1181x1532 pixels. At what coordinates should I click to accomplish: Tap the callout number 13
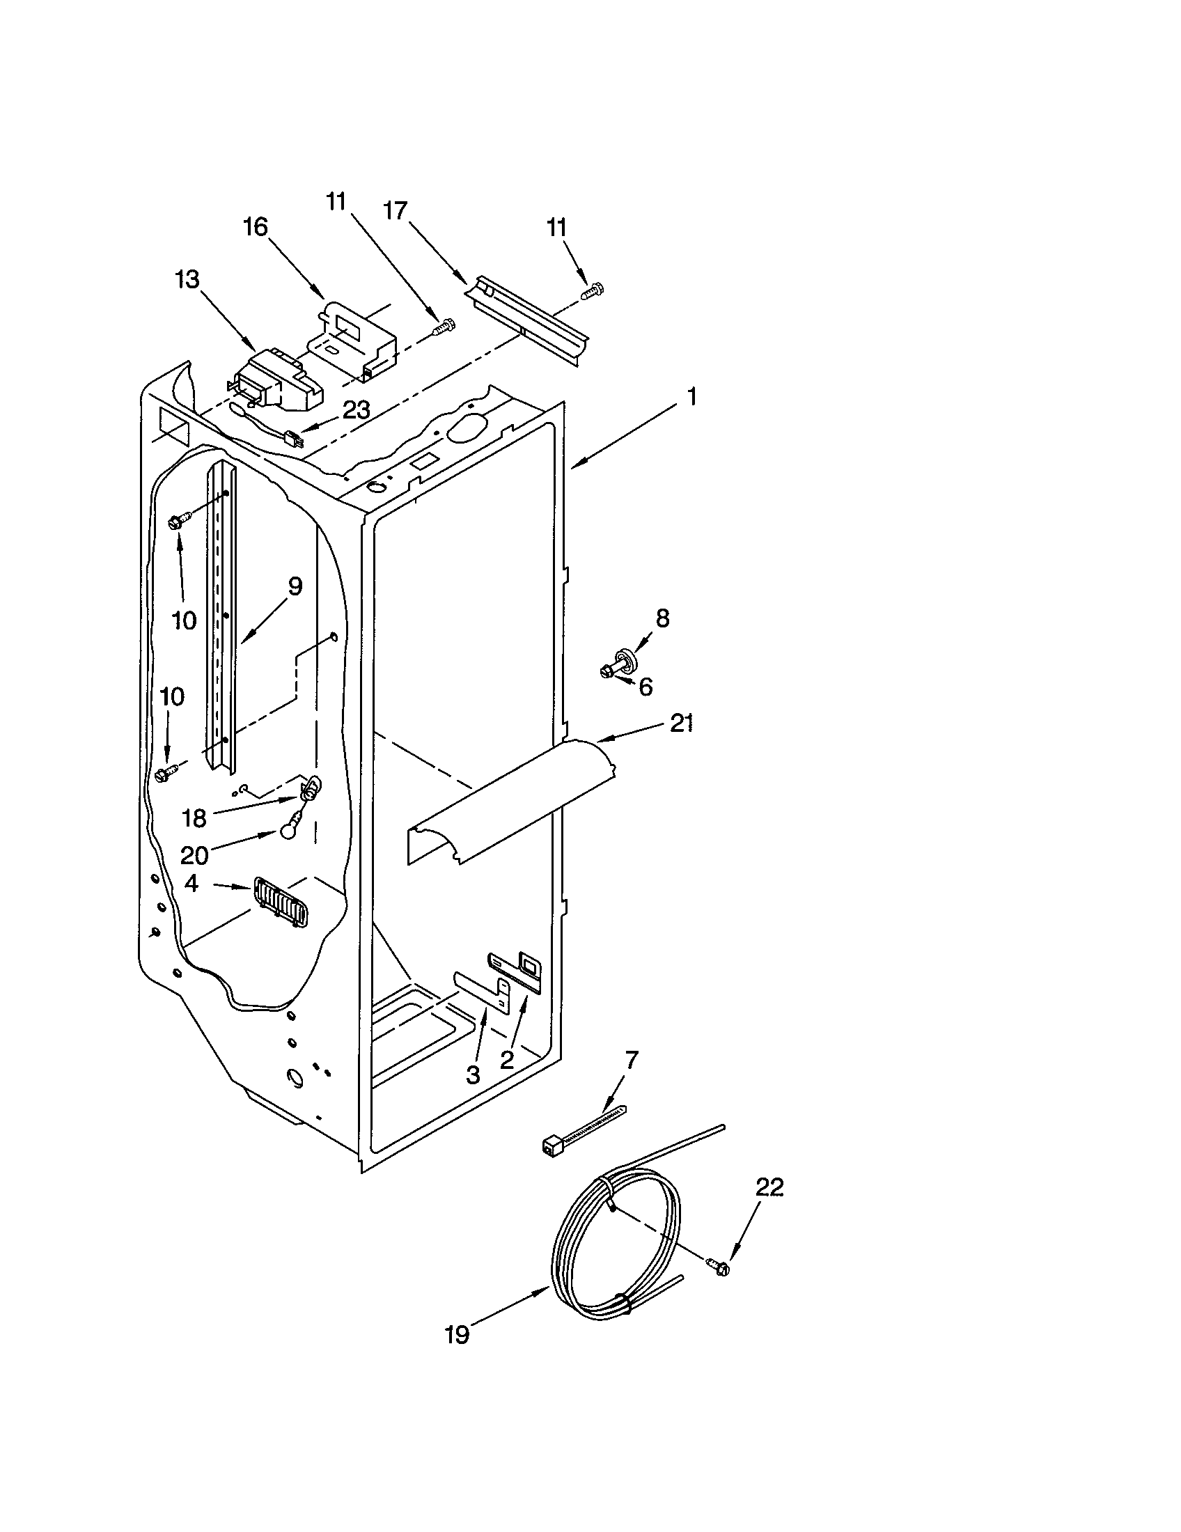coord(187,279)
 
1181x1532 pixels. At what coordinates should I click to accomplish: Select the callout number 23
coord(357,409)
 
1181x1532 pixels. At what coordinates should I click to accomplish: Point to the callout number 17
coord(396,210)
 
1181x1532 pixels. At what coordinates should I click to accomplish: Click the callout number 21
coord(681,723)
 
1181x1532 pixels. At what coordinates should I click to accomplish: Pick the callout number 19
coord(457,1334)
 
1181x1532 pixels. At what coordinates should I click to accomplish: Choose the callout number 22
coord(769,1187)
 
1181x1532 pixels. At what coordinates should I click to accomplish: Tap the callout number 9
coord(295,586)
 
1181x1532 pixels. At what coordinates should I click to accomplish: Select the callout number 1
coord(691,397)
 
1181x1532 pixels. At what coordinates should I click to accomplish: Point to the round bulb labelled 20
coord(288,831)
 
